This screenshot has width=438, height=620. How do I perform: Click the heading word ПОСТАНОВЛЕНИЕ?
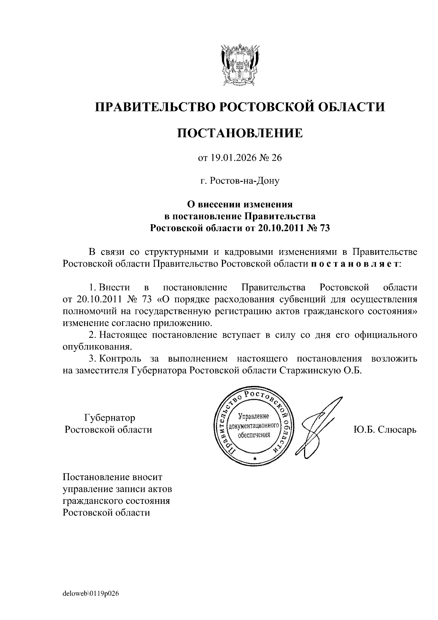pyautogui.click(x=240, y=133)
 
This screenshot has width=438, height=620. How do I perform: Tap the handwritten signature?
pyautogui.click(x=318, y=427)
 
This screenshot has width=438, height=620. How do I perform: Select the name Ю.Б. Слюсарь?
pyautogui.click(x=385, y=429)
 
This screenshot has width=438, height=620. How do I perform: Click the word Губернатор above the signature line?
pyautogui.click(x=109, y=417)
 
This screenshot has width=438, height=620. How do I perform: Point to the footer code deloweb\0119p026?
pyautogui.click(x=91, y=593)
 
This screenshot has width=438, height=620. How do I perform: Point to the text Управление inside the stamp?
pyautogui.click(x=253, y=416)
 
